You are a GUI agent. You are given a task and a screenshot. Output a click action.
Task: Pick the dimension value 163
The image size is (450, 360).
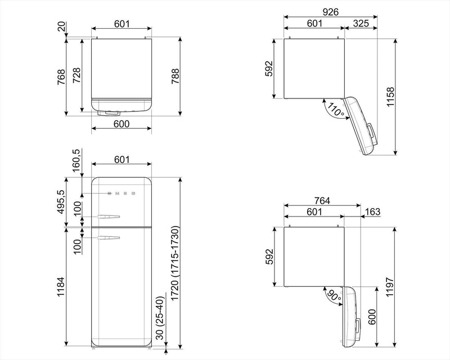click(372, 212)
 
